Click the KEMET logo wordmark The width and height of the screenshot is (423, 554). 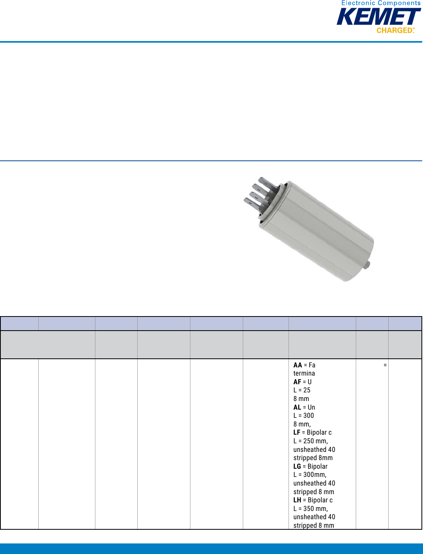[x=379, y=17]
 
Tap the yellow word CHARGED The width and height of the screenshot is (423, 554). [x=394, y=30]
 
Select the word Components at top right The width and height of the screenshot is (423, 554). [x=399, y=3]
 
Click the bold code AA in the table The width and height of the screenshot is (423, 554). [x=298, y=365]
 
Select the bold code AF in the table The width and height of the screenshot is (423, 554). [x=297, y=382]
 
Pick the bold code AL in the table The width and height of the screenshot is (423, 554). [x=297, y=407]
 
